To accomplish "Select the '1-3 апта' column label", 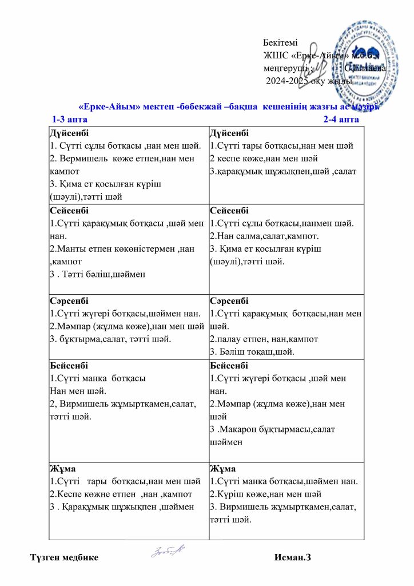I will click(70, 120).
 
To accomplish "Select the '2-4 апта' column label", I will click(341, 120).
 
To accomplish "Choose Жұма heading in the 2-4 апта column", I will click(222, 469).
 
